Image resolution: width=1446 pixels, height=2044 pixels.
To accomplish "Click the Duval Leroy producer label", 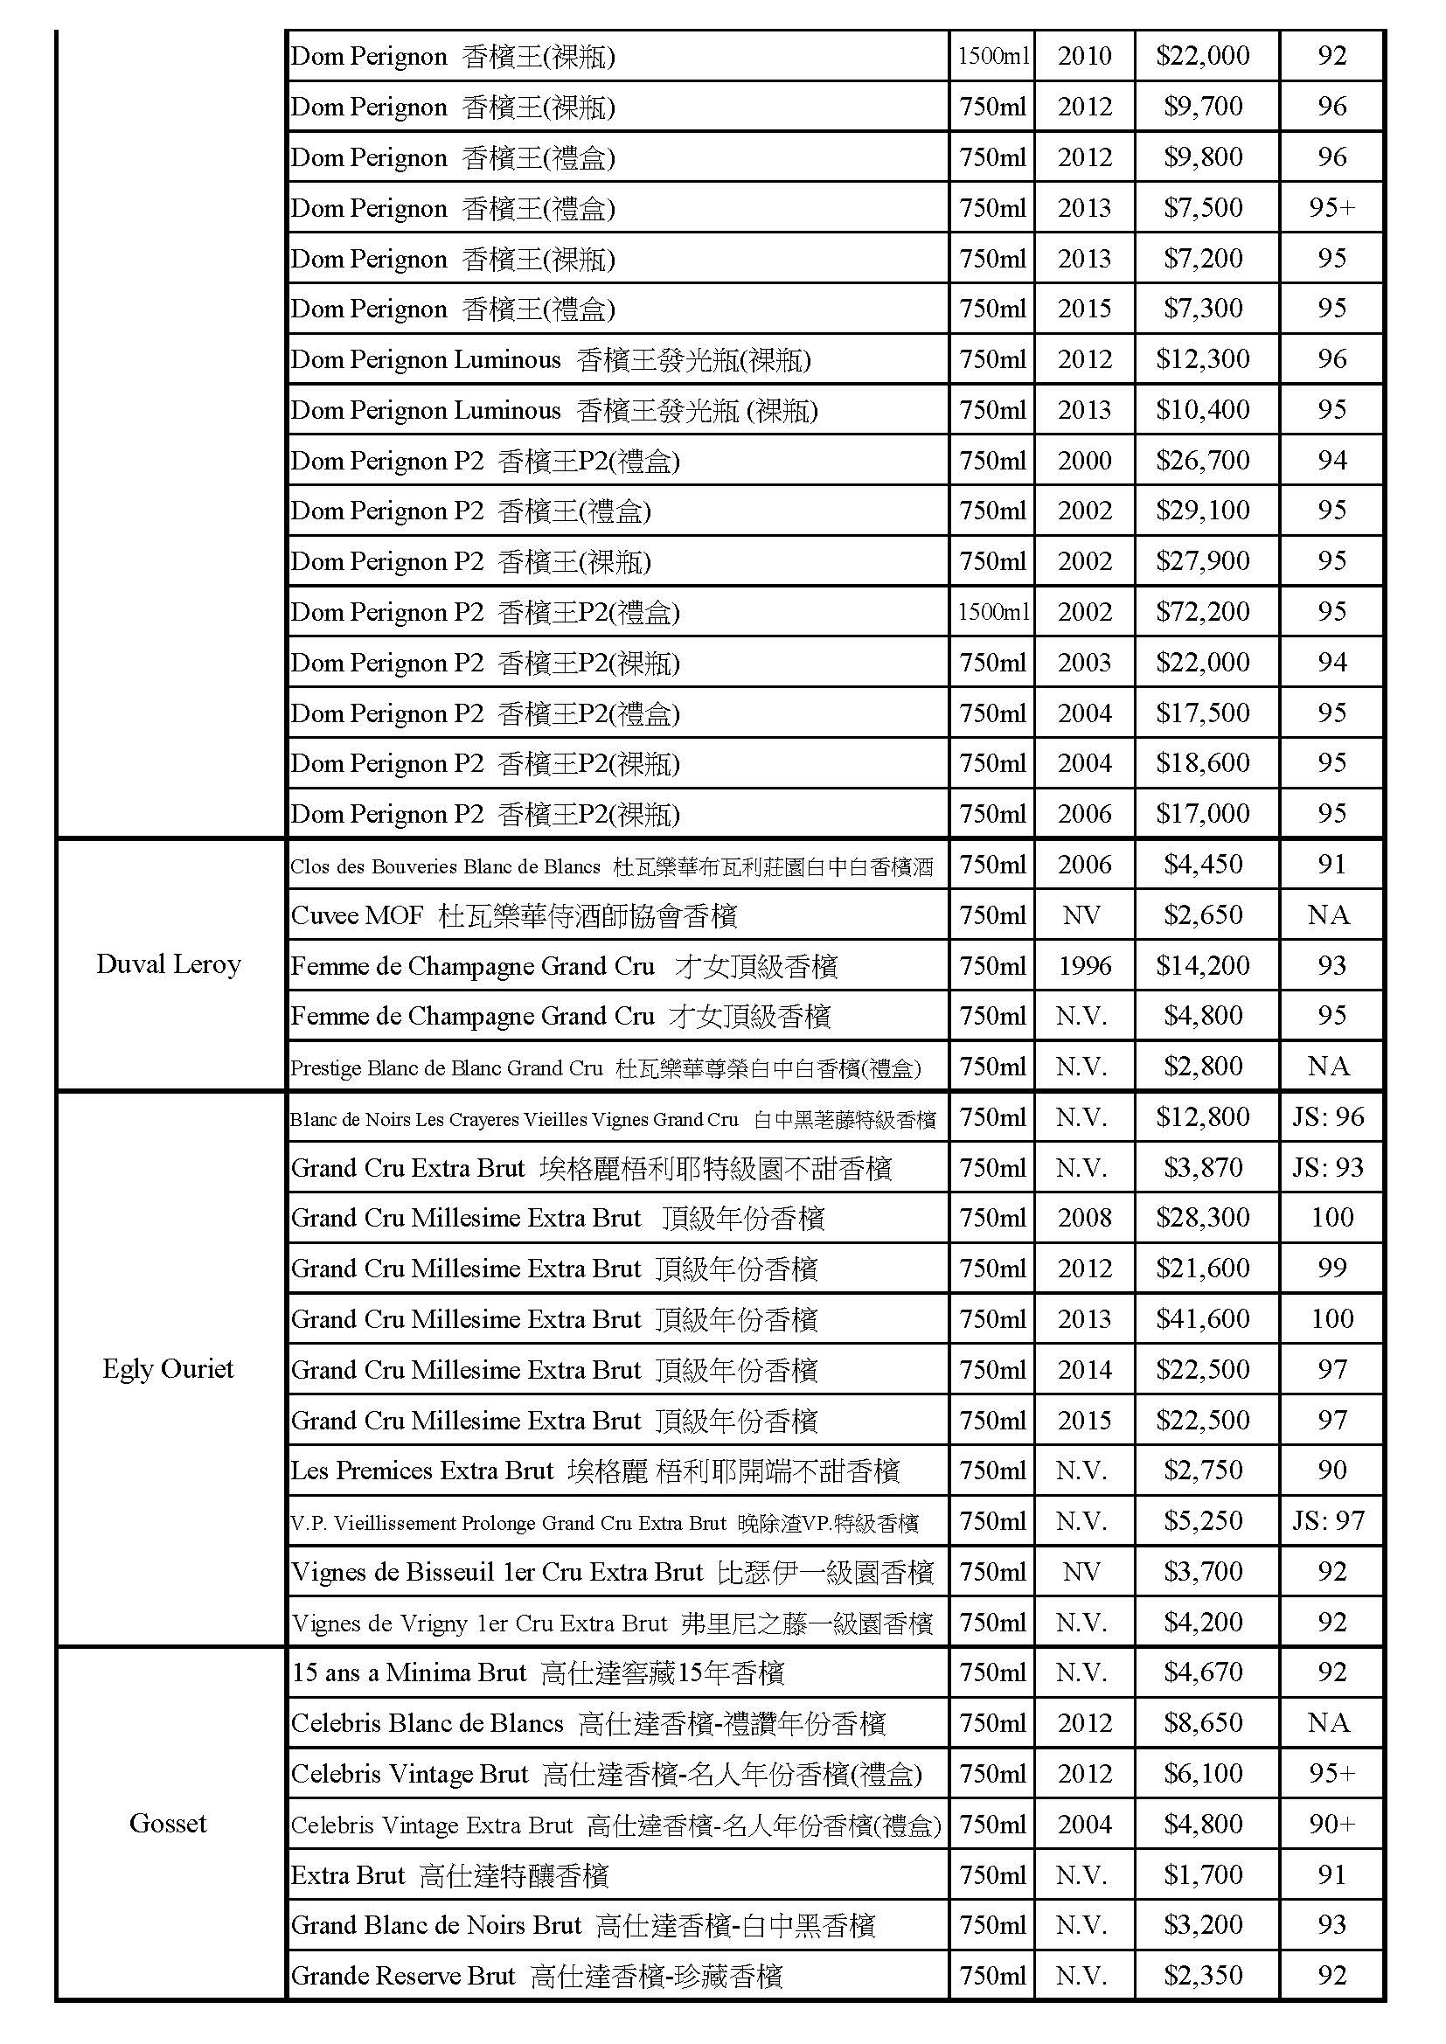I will (x=168, y=965).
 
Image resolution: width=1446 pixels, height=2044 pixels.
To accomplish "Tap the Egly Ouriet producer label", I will (x=168, y=1368).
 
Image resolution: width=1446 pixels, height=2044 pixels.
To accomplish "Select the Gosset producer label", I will (x=168, y=1823).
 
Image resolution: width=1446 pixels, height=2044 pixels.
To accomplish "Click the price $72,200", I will (x=1203, y=612).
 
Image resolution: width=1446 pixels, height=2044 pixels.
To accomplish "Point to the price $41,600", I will (x=1203, y=1318).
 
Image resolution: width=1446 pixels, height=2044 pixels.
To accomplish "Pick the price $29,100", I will (x=1203, y=510).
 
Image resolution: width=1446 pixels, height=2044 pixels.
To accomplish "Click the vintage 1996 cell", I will (x=1083, y=965).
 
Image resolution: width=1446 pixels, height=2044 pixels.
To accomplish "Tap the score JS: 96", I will (x=1329, y=1116).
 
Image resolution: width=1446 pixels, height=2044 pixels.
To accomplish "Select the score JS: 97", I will (x=1329, y=1520).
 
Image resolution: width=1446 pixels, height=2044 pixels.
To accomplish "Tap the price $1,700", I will (x=1203, y=1875).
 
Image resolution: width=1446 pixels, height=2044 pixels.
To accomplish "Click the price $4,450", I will (x=1203, y=865).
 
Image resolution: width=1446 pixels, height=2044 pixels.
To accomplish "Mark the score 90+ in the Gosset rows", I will (x=1332, y=1824).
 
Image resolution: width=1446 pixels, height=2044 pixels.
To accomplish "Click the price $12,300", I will (x=1203, y=358).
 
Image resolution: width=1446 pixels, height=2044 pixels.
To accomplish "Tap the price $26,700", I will (x=1203, y=460).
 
